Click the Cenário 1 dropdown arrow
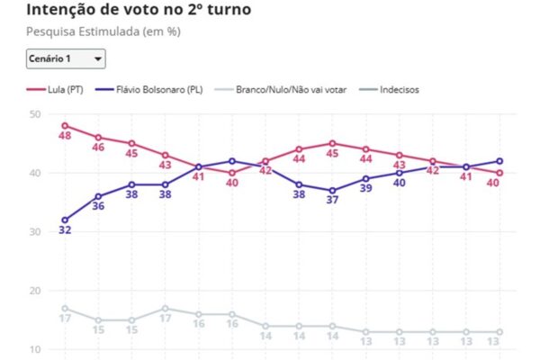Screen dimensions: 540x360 point(98,58)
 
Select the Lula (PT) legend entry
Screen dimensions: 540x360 point(55,90)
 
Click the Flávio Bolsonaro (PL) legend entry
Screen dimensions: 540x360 point(149,90)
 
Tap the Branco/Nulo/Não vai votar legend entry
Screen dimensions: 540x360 point(280,90)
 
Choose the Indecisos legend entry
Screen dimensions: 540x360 point(389,90)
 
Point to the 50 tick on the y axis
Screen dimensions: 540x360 point(35,114)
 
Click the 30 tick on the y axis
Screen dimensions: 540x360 point(35,232)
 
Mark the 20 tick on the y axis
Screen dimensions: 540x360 point(35,291)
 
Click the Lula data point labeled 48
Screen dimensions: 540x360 point(65,126)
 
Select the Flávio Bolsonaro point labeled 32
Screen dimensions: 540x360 point(65,220)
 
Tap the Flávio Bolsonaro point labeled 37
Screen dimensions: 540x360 point(332,191)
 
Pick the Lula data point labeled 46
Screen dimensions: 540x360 point(98,138)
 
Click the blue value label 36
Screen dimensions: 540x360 point(98,206)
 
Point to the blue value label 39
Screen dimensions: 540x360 point(365,188)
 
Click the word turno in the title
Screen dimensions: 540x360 point(229,9)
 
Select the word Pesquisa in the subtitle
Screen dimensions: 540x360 point(51,31)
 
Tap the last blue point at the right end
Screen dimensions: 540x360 point(499,161)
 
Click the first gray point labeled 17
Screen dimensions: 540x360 point(65,309)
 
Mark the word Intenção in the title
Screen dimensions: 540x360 point(61,9)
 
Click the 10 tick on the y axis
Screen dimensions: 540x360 point(35,350)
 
